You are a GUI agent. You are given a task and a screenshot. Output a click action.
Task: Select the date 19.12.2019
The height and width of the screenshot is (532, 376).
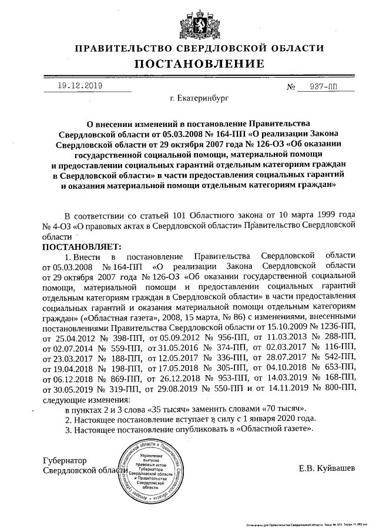(x=80, y=86)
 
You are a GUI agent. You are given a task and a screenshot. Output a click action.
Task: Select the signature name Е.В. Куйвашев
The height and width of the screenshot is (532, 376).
(x=327, y=469)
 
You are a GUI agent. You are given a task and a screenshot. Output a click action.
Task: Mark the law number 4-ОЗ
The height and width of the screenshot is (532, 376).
(x=61, y=225)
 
